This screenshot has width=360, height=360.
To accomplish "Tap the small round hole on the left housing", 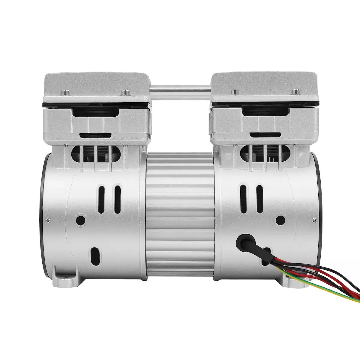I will coord(80,218).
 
